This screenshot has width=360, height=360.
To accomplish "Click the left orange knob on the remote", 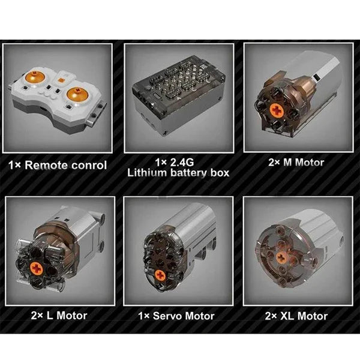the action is pos(34,76).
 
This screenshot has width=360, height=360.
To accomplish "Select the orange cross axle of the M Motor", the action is pos(277,110).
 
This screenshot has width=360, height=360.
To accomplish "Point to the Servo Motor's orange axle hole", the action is pos(160,275).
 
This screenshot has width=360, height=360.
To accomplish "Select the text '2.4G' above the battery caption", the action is pos(182,163).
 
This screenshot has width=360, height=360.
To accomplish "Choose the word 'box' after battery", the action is pos(220,173).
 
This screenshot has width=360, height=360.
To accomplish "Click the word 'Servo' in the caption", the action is pos(167,316).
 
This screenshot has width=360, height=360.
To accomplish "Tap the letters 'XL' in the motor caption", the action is pos(287,316).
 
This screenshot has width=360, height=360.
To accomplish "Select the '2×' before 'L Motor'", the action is pos(37,316).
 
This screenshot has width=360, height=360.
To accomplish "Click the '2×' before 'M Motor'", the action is pos(274,163).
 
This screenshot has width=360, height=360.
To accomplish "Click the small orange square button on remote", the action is pos(61,80).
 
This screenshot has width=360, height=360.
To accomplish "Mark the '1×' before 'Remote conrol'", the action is pos(14,166).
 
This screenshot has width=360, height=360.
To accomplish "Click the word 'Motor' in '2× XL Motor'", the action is pos(312,316).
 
